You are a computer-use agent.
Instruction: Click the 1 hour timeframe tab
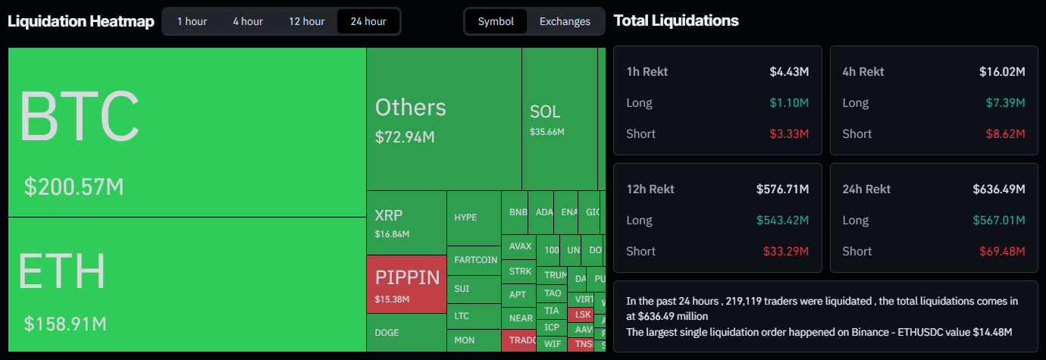[x=192, y=21]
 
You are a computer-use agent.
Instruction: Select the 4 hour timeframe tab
[x=248, y=21]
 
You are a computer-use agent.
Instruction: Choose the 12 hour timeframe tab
[x=306, y=21]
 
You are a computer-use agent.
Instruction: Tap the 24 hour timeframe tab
[x=368, y=21]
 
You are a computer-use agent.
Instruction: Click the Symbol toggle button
[x=496, y=21]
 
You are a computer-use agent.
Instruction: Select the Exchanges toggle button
[x=565, y=21]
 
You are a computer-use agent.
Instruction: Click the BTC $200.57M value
[x=74, y=187]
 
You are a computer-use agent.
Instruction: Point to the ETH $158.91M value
[x=65, y=324]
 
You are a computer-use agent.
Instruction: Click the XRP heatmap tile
[x=406, y=222]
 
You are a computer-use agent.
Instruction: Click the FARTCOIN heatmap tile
[x=475, y=260]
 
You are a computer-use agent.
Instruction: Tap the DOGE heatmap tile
[x=406, y=333]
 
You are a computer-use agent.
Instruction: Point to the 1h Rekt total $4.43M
[x=789, y=72]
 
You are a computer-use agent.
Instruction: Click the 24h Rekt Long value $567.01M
[x=999, y=221]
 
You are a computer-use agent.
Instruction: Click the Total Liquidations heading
[x=676, y=20]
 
